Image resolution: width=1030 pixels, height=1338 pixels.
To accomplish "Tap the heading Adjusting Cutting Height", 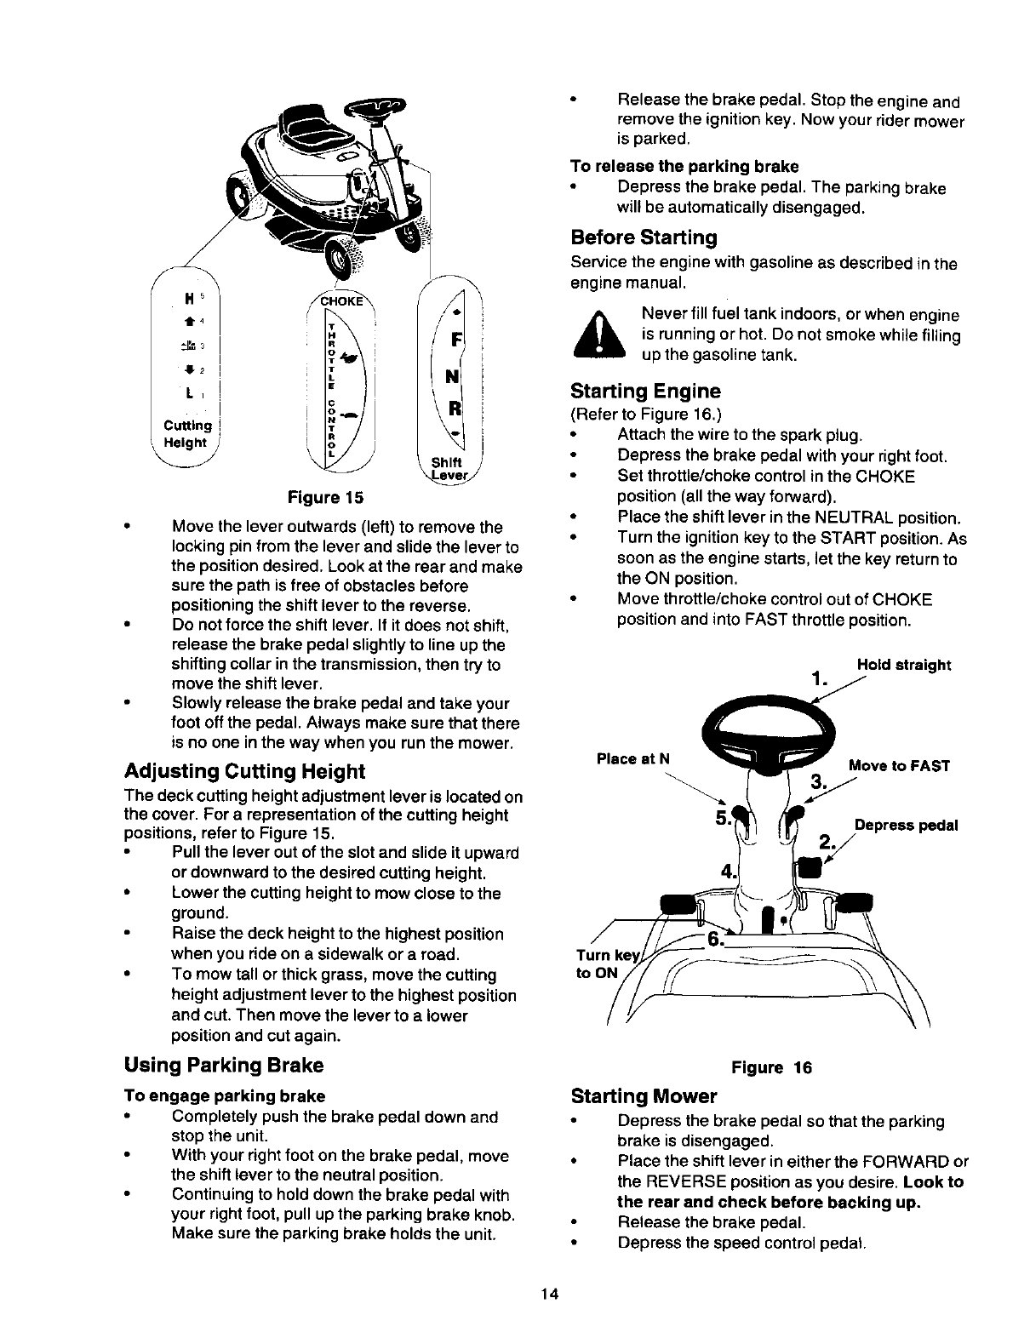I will pos(244,772).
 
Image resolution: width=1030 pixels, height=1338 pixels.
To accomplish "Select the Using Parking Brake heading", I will pos(224,1065).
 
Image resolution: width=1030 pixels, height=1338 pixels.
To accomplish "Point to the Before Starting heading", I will pos(644,236).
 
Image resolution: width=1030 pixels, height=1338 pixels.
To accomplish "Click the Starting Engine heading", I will pos(646,392).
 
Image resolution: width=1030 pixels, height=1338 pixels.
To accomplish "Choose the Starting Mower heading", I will pos(644,1095).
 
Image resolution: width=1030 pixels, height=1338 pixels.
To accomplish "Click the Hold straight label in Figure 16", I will pos(903,664).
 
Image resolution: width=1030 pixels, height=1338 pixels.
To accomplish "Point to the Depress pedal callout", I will pos(906,826).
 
